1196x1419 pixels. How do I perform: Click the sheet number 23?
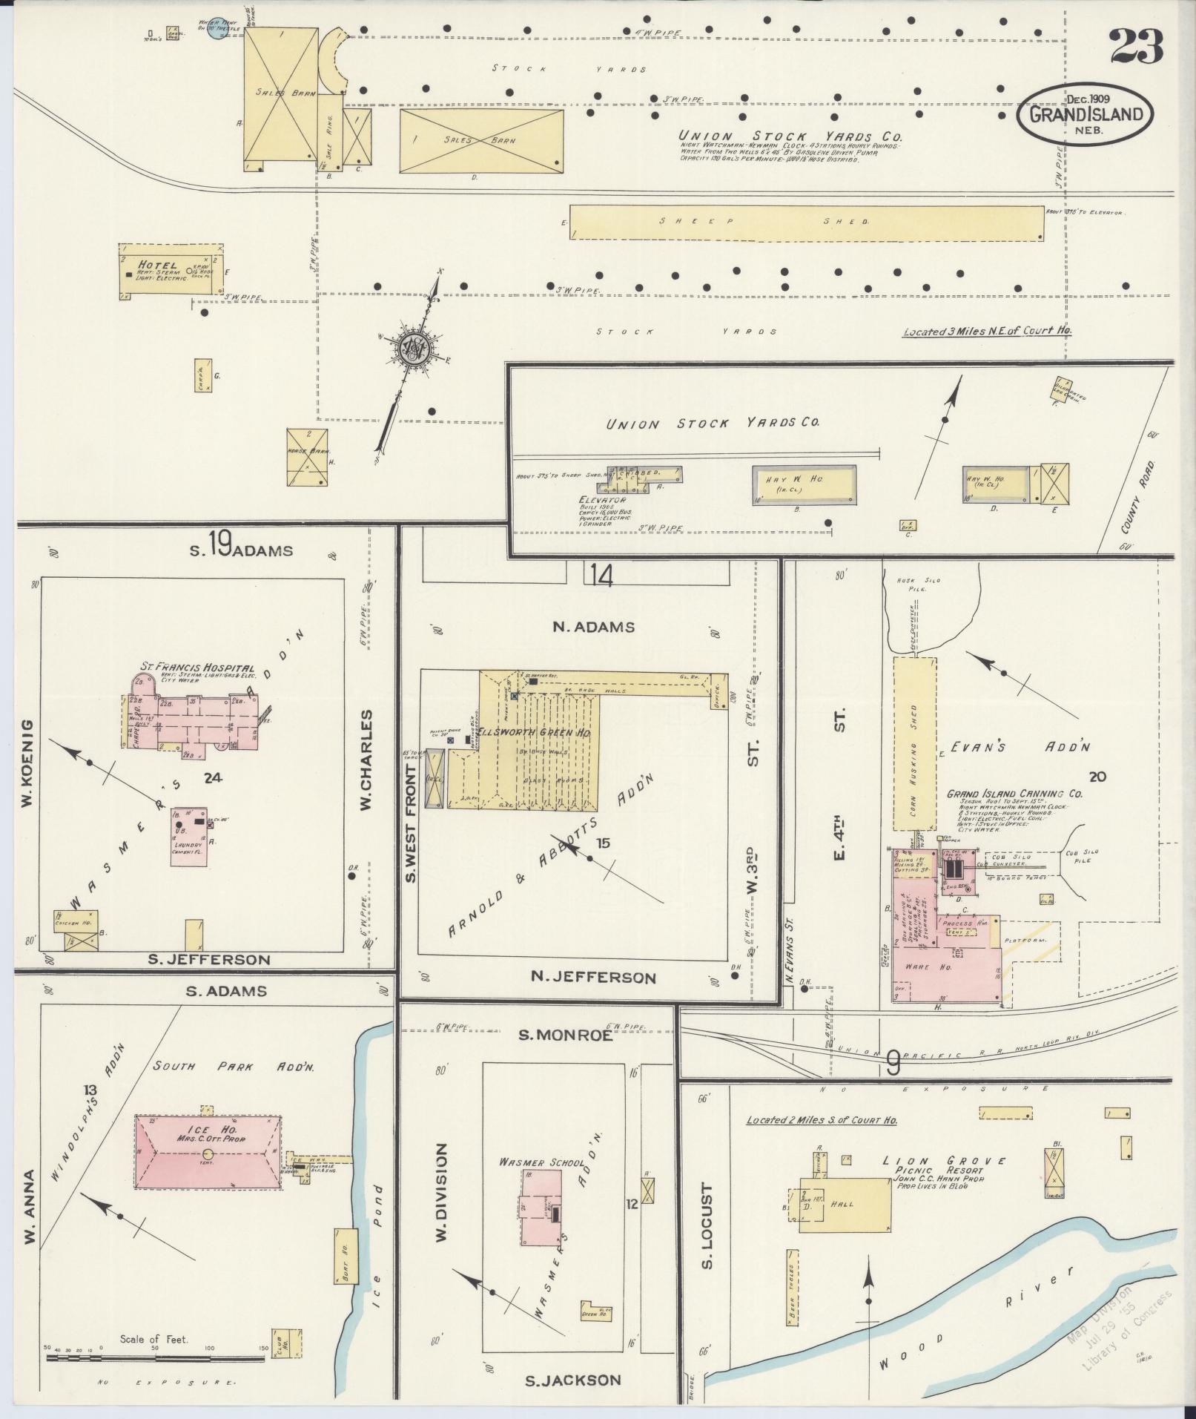click(x=1136, y=47)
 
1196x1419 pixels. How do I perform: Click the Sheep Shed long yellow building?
click(x=806, y=223)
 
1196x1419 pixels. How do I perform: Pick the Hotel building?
click(x=171, y=271)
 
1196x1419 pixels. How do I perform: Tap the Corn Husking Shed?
click(x=914, y=743)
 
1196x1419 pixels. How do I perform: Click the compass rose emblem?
click(x=412, y=348)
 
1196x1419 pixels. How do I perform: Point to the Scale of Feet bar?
click(x=154, y=1358)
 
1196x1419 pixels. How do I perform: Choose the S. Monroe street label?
click(x=566, y=1035)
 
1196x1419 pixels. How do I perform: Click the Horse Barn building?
click(x=307, y=458)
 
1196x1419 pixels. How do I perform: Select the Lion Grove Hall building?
click(x=845, y=1205)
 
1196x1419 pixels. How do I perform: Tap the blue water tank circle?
click(x=216, y=33)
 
